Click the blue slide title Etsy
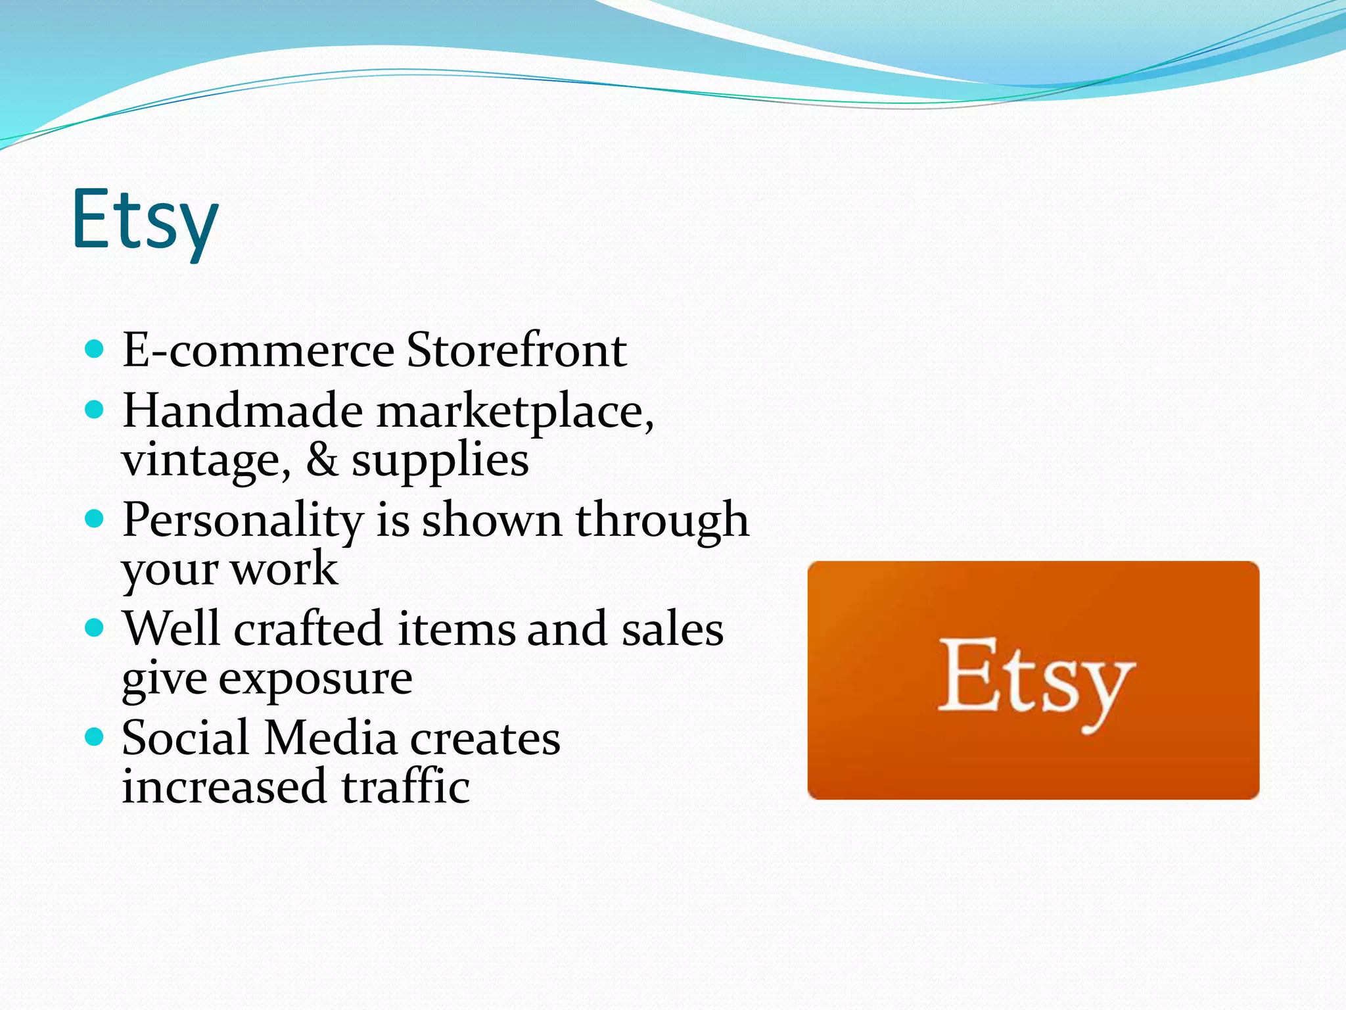click(x=145, y=220)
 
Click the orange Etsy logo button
click(x=1033, y=680)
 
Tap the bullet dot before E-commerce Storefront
click(x=95, y=349)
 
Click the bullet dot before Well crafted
click(x=95, y=628)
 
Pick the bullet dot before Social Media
click(x=95, y=737)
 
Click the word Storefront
click(x=516, y=350)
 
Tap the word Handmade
click(x=243, y=411)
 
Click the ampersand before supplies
click(x=322, y=460)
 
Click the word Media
click(x=331, y=738)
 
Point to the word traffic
click(x=406, y=786)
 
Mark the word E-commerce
click(x=258, y=350)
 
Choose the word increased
click(x=224, y=786)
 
